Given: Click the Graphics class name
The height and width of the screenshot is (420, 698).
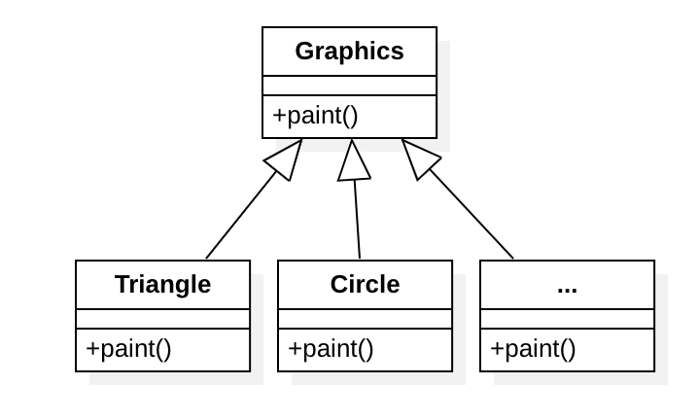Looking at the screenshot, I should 349,52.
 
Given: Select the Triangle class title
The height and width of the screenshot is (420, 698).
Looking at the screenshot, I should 162,285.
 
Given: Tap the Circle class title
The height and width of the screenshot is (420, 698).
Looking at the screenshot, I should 365,285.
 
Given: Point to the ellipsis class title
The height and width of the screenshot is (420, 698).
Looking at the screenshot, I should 567,286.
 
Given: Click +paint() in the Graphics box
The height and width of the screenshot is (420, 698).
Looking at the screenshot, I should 315,116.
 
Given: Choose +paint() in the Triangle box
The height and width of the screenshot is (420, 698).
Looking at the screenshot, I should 128,349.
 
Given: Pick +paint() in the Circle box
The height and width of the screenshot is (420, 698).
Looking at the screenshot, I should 331,349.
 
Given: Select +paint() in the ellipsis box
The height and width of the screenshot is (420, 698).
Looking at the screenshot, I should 533,349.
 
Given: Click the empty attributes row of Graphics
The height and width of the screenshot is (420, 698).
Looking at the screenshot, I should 349,86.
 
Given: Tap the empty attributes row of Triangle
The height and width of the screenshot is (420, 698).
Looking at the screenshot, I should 162,319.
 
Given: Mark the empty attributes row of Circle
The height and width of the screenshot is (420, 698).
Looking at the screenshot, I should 365,319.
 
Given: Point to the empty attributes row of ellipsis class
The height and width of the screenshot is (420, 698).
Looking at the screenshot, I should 567,319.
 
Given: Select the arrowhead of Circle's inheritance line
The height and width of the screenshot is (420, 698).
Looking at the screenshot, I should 354,160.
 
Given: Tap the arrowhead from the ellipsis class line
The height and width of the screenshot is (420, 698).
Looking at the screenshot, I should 418,158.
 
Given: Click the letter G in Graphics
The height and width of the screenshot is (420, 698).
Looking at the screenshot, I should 304,52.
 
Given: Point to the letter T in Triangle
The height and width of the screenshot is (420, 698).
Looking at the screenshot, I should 122,285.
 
